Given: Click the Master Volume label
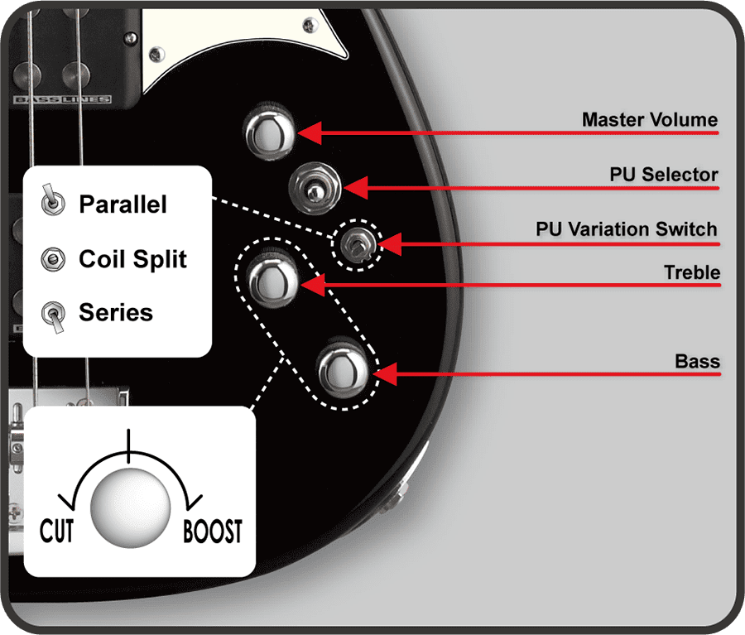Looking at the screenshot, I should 649,120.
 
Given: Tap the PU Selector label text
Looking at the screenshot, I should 663,175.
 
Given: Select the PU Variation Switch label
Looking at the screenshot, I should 626,229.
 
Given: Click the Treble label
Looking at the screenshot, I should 691,272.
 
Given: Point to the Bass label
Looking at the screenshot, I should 697,362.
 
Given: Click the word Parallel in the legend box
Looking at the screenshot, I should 123,204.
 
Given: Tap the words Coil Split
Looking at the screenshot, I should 132,259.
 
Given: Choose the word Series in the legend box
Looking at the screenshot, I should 116,313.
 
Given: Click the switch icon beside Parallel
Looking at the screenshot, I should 50,201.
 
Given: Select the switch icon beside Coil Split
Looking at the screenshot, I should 50,260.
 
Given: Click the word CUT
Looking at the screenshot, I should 57,532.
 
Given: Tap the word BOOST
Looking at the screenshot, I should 213,532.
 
